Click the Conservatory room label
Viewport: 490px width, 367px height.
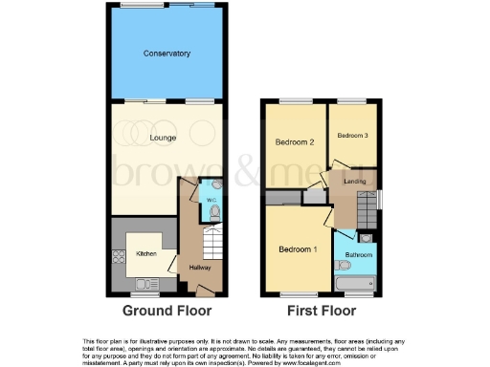[168, 54]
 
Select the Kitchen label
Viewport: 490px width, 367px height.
[145, 253]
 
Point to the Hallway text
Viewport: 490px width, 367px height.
[200, 267]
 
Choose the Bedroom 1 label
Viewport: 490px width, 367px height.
[298, 249]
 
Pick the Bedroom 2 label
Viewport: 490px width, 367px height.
[295, 142]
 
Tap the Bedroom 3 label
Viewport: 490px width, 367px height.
[353, 136]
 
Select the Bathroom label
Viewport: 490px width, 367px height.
[359, 254]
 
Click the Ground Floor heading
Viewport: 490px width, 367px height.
[168, 312]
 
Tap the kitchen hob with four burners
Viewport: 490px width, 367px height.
[119, 256]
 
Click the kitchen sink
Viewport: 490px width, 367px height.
[147, 283]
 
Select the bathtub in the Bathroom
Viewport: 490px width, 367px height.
[357, 284]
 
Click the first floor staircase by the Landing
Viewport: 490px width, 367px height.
[366, 206]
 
